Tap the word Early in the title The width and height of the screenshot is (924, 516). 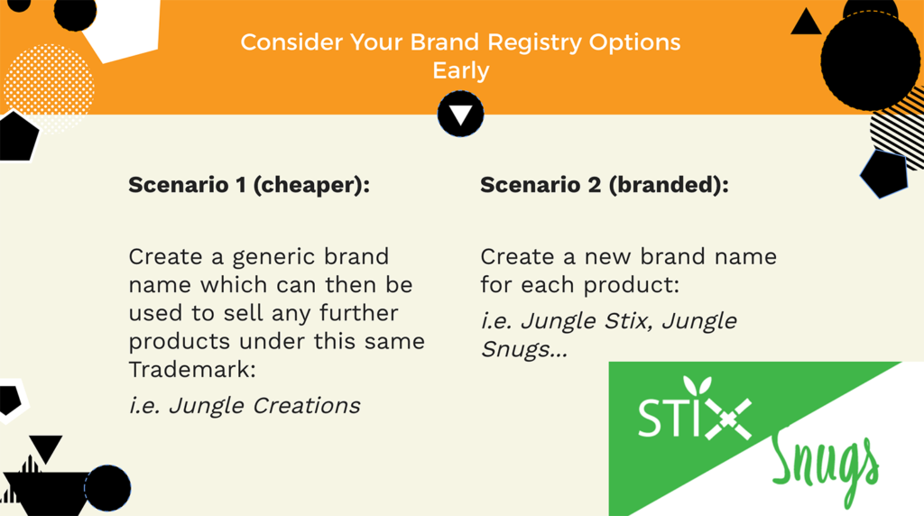[461, 70]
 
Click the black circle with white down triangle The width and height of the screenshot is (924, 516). [461, 114]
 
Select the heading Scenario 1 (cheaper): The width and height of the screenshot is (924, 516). [249, 186]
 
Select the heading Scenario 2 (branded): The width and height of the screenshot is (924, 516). [605, 186]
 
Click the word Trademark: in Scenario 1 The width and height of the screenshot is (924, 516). [192, 370]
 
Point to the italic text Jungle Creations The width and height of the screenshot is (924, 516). [264, 406]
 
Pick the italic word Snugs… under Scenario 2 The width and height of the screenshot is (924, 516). [524, 349]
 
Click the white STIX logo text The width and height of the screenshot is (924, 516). [694, 415]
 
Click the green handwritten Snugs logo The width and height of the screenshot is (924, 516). [825, 467]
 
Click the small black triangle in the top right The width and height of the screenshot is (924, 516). [806, 23]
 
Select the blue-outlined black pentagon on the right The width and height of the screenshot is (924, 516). [884, 174]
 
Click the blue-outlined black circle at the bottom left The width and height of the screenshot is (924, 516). [107, 488]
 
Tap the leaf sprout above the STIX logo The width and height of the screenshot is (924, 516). [698, 386]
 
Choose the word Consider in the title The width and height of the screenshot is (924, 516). [291, 42]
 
